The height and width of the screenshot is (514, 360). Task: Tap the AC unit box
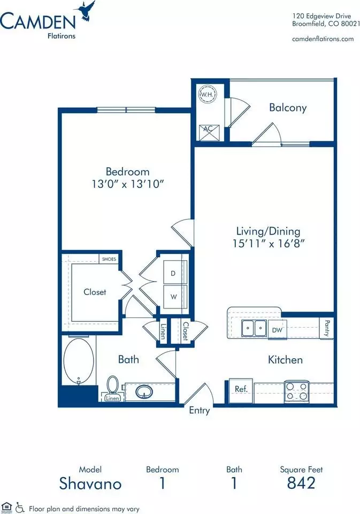tap(208, 132)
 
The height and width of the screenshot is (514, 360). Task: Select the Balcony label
tap(288, 108)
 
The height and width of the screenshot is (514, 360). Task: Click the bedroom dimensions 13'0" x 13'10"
tap(127, 184)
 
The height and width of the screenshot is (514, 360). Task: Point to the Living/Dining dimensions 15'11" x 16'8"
tap(269, 244)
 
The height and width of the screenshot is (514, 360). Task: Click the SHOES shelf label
tap(109, 259)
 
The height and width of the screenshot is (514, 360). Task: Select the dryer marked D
tap(175, 273)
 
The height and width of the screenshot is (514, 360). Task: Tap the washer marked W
tap(175, 297)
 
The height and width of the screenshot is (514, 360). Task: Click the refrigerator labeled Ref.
tap(241, 390)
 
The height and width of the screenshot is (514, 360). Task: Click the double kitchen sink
tap(254, 328)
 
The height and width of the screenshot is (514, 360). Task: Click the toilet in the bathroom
tap(113, 387)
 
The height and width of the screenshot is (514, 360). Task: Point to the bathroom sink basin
tap(144, 391)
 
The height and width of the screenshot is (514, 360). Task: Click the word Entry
tap(199, 411)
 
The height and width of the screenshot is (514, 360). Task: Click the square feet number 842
tap(301, 483)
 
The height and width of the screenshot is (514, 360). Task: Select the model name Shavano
tap(90, 483)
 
